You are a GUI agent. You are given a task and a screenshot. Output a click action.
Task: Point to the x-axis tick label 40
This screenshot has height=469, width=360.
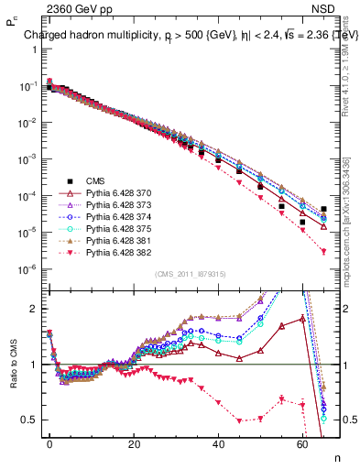pos(218,442)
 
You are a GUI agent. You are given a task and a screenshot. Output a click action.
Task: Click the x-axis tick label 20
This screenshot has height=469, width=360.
pos(134,442)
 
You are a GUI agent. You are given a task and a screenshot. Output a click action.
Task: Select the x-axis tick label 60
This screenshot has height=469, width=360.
pos(302,442)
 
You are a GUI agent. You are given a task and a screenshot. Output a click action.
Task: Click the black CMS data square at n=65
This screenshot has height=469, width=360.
pos(324,209)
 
